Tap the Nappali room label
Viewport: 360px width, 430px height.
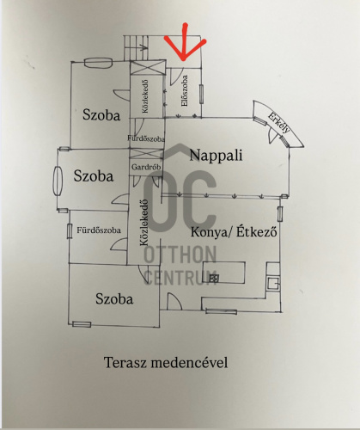[x=216, y=156]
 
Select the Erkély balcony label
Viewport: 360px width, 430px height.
[x=279, y=123]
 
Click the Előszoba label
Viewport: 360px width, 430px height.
[x=185, y=90]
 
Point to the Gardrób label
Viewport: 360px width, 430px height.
[x=146, y=167]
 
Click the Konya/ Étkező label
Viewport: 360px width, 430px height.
[x=234, y=231]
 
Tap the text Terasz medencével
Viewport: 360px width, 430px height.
[x=166, y=363]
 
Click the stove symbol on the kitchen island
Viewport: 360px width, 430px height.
[x=214, y=278]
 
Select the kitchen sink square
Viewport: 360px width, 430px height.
[x=272, y=284]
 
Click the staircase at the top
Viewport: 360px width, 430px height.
[x=137, y=47]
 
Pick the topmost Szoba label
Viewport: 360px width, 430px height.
[x=101, y=115]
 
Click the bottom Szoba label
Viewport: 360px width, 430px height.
[x=114, y=299]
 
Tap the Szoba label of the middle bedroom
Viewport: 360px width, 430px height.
[x=94, y=175]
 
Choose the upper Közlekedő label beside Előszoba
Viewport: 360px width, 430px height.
[x=145, y=96]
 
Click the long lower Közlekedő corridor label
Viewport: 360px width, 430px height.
[x=144, y=223]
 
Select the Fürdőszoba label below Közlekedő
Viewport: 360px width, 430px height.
[x=146, y=138]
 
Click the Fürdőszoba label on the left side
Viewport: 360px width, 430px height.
[x=99, y=230]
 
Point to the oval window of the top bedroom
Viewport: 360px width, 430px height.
[x=98, y=63]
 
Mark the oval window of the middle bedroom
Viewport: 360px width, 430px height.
[x=58, y=181]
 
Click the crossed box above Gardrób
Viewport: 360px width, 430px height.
[x=146, y=154]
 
